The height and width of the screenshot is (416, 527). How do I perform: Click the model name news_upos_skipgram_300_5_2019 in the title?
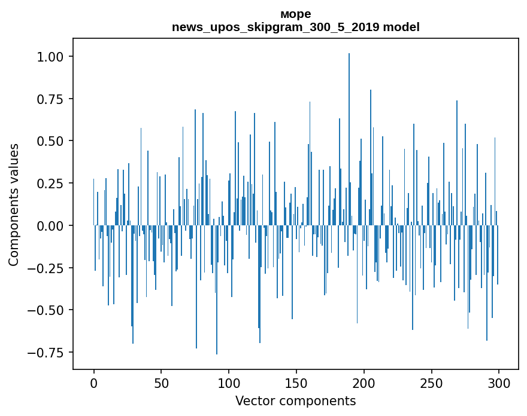tap(276, 27)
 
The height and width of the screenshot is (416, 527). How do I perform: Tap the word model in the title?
tap(401, 27)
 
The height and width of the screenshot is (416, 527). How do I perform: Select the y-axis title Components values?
tap(14, 204)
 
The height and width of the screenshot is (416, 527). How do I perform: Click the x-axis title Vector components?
tap(295, 400)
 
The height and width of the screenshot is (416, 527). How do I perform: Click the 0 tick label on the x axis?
tap(94, 383)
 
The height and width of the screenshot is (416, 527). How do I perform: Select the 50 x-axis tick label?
tap(161, 383)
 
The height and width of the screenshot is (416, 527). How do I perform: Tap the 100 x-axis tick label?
tap(229, 383)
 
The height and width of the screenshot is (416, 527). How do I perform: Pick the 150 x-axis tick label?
tap(296, 383)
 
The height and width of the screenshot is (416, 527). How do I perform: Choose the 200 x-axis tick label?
tap(364, 383)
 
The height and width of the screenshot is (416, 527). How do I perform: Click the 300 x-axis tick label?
tap(499, 383)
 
